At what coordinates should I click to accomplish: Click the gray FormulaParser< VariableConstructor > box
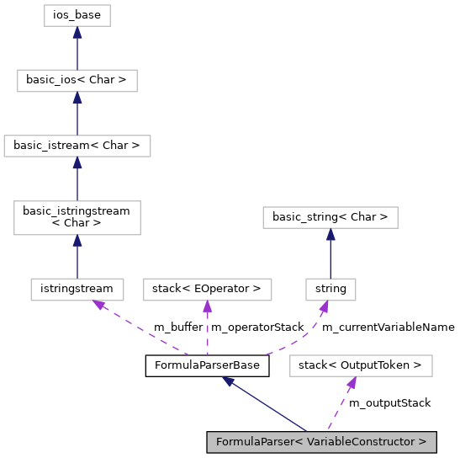pos(321,442)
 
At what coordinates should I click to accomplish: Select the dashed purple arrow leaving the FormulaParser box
pos(341,405)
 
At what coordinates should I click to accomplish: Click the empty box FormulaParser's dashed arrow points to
pos(361,365)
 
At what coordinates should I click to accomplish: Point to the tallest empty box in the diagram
pos(77,218)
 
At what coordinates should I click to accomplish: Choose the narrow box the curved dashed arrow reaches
pos(330,290)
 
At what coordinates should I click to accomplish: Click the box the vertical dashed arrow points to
pos(207,290)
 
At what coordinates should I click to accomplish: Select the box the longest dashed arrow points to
pos(77,290)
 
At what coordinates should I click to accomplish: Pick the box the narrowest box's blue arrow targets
pos(330,217)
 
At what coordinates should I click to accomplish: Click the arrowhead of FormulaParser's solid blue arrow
pos(228,381)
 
